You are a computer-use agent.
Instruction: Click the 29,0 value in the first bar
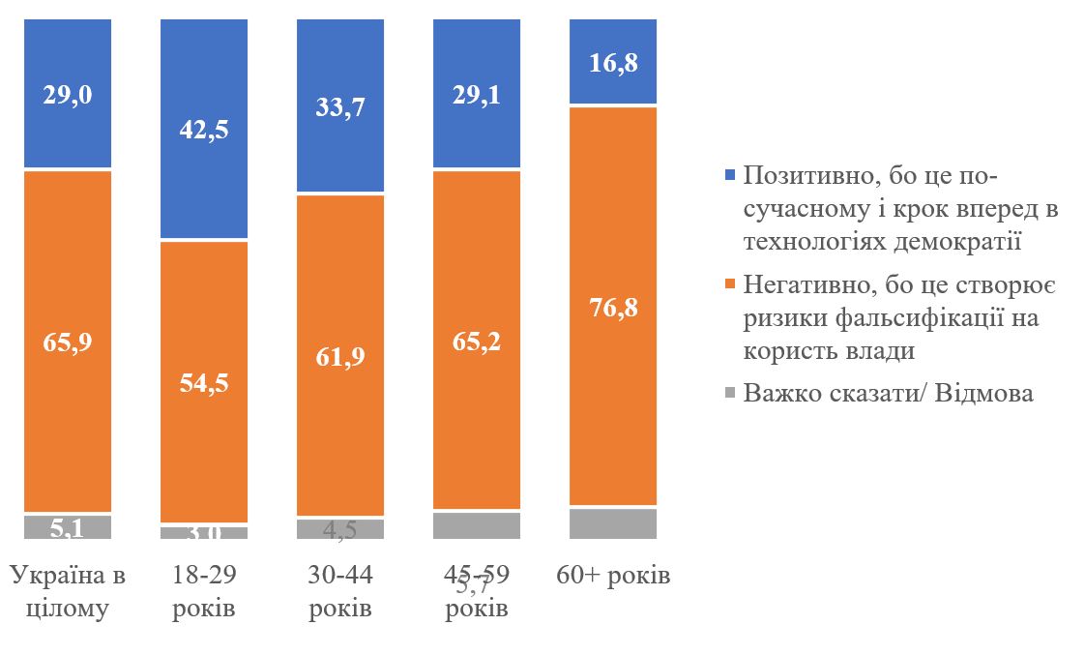click(68, 95)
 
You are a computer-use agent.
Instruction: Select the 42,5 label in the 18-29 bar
click(204, 129)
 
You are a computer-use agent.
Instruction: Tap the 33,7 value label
click(340, 105)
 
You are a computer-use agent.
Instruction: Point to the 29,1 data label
click(477, 95)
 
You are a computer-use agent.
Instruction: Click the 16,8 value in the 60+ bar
click(613, 63)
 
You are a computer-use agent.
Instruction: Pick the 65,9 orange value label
click(68, 341)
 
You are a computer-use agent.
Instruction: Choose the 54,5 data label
click(204, 381)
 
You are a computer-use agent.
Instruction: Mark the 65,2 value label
click(477, 341)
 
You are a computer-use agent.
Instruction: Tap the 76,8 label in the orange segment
click(613, 307)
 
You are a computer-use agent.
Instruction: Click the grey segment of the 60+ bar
click(613, 523)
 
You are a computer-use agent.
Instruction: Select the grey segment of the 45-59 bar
click(477, 525)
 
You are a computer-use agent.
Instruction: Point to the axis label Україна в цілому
click(68, 592)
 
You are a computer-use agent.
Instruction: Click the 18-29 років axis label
click(204, 592)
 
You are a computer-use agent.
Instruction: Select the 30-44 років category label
click(340, 592)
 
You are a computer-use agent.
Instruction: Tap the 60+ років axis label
click(613, 576)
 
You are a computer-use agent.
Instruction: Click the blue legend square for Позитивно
click(728, 176)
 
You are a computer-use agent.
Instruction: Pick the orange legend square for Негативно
click(728, 285)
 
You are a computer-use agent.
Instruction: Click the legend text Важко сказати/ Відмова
click(888, 394)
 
